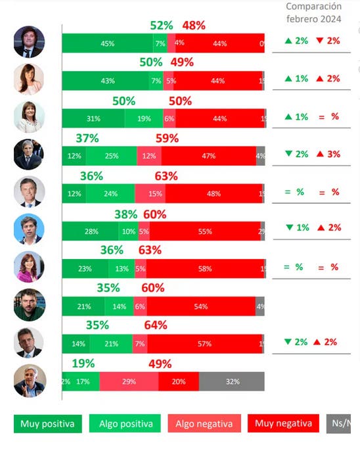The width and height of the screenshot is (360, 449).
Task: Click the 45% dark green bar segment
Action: click(107, 43)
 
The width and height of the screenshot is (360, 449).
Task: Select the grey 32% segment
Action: click(231, 381)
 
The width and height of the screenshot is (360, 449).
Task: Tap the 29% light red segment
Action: click(129, 381)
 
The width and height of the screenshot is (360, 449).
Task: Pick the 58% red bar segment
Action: click(204, 268)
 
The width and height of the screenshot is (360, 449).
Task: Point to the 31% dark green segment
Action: click(93, 118)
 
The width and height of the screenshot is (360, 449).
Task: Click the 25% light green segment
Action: click(111, 156)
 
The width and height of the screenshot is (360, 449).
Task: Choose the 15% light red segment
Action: click(150, 194)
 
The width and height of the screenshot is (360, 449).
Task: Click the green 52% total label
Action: click(161, 26)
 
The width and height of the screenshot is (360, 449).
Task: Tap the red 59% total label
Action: click(167, 139)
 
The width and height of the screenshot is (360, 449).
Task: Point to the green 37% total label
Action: click(87, 139)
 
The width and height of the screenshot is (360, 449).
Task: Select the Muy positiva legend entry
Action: click(47, 424)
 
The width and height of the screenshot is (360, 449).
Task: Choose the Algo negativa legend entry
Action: click(203, 424)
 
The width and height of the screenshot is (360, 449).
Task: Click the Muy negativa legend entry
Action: click(283, 424)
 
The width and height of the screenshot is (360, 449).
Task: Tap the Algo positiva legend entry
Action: click(125, 424)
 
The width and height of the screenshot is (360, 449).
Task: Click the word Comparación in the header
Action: click(313, 7)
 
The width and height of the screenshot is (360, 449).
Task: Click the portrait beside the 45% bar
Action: click(29, 43)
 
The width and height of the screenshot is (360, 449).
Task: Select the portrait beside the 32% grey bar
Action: click(29, 381)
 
